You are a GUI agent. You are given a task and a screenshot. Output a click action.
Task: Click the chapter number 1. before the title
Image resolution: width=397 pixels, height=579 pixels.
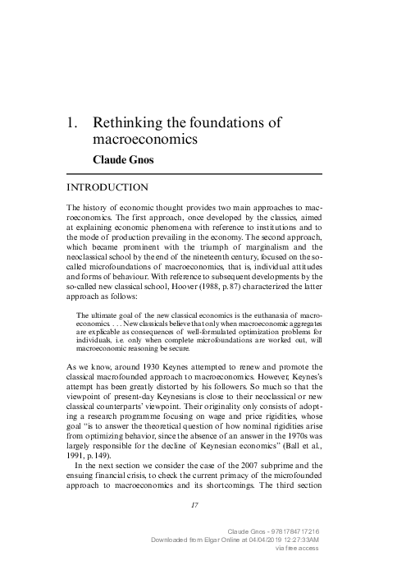[x=71, y=123]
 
